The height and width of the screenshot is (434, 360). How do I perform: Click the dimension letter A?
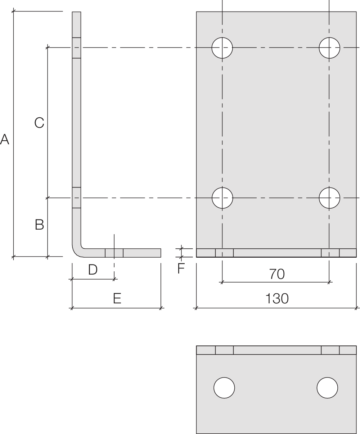4,139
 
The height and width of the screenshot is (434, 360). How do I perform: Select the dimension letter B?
39,225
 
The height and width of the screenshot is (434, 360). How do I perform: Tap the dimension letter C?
39,123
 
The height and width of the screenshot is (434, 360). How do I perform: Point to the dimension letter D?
93,270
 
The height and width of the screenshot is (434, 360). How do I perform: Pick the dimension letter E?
117,299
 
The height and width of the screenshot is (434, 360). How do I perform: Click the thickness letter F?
181,268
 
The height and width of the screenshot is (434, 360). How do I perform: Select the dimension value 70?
276,274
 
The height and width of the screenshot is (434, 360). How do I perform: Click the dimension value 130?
276,299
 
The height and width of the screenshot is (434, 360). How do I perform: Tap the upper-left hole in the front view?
222,48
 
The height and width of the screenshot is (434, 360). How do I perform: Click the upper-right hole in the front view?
329,48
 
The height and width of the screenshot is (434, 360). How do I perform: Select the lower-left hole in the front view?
222,198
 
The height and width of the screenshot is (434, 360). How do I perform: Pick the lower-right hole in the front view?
329,198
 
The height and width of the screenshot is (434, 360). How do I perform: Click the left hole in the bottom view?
224,388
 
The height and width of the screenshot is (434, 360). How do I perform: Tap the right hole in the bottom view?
327,388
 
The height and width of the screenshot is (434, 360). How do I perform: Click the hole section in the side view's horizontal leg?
114,253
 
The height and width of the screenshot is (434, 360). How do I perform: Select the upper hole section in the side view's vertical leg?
77,48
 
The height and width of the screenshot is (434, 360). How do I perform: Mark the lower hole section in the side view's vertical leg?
77,198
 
